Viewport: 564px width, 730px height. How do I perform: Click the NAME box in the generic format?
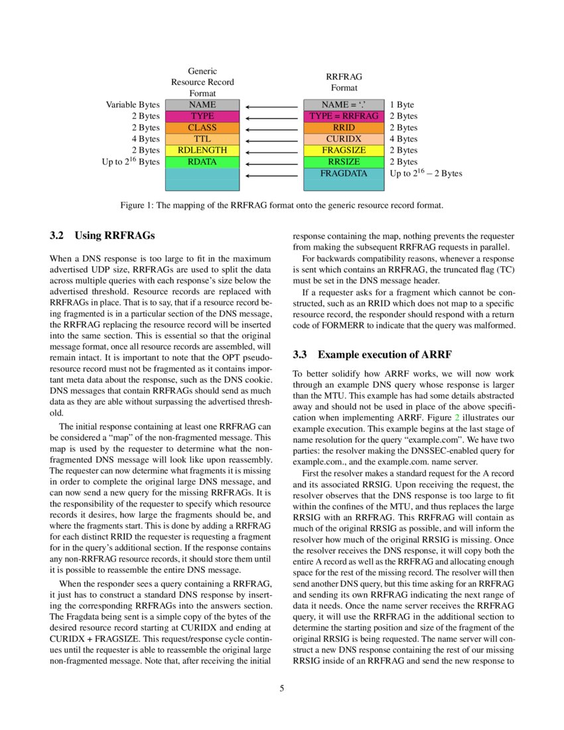pos(202,105)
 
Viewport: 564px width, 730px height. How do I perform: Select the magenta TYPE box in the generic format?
pos(202,116)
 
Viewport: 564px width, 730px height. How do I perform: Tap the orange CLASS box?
pos(202,127)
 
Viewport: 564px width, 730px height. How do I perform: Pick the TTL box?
pos(202,139)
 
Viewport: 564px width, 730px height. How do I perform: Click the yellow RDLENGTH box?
pos(202,151)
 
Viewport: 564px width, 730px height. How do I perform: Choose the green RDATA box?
pos(202,162)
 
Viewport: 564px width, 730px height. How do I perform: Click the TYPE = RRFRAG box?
pos(344,116)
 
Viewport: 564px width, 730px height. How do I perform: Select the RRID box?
pos(344,127)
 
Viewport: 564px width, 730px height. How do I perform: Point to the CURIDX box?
pos(344,139)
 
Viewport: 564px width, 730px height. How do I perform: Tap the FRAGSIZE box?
pos(344,151)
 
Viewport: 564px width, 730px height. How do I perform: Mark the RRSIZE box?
pos(344,162)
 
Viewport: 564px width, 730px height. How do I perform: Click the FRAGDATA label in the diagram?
pos(344,174)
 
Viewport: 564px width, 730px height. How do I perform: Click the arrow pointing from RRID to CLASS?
pos(272,128)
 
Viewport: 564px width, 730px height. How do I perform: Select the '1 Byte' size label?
pos(401,105)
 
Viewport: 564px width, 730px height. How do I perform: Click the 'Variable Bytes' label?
pos(133,105)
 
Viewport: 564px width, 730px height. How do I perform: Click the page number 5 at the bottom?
pos(282,688)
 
